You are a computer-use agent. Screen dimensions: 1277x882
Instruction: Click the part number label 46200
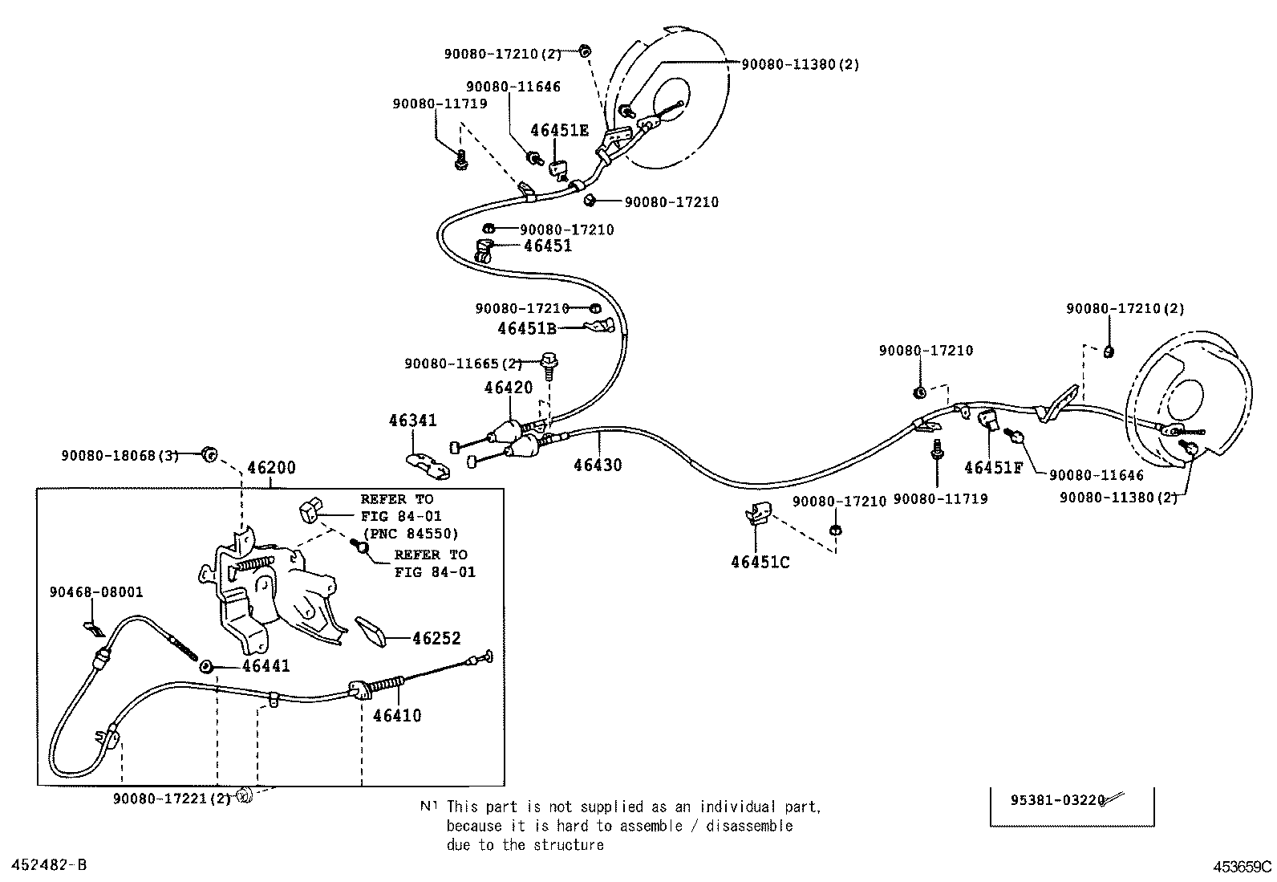click(271, 468)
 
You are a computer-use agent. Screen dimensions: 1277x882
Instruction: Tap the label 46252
click(436, 638)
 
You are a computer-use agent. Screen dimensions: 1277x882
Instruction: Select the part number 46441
click(266, 666)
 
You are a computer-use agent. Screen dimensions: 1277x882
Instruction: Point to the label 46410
click(397, 715)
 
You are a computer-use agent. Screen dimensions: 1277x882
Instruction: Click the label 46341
click(413, 421)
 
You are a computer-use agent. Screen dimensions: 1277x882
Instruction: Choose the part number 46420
click(509, 388)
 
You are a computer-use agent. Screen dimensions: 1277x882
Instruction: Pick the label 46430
click(598, 465)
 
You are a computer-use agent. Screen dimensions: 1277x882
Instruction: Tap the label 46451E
click(560, 131)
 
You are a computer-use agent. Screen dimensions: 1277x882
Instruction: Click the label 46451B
click(527, 328)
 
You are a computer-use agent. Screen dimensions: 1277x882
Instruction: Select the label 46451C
click(760, 563)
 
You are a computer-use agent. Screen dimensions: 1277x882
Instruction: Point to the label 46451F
click(994, 468)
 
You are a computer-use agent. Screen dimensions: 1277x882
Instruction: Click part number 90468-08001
click(96, 592)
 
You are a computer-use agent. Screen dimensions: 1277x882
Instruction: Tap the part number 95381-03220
click(1058, 800)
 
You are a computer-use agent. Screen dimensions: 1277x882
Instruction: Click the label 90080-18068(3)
click(120, 456)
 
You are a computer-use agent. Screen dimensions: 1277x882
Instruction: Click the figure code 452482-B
click(50, 865)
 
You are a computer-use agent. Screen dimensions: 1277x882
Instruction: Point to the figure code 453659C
click(1243, 868)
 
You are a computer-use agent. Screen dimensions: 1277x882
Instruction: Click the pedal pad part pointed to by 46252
click(371, 631)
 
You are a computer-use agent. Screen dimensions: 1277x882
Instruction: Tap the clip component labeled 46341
click(428, 466)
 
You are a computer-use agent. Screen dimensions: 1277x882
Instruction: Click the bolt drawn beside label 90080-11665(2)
click(549, 366)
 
